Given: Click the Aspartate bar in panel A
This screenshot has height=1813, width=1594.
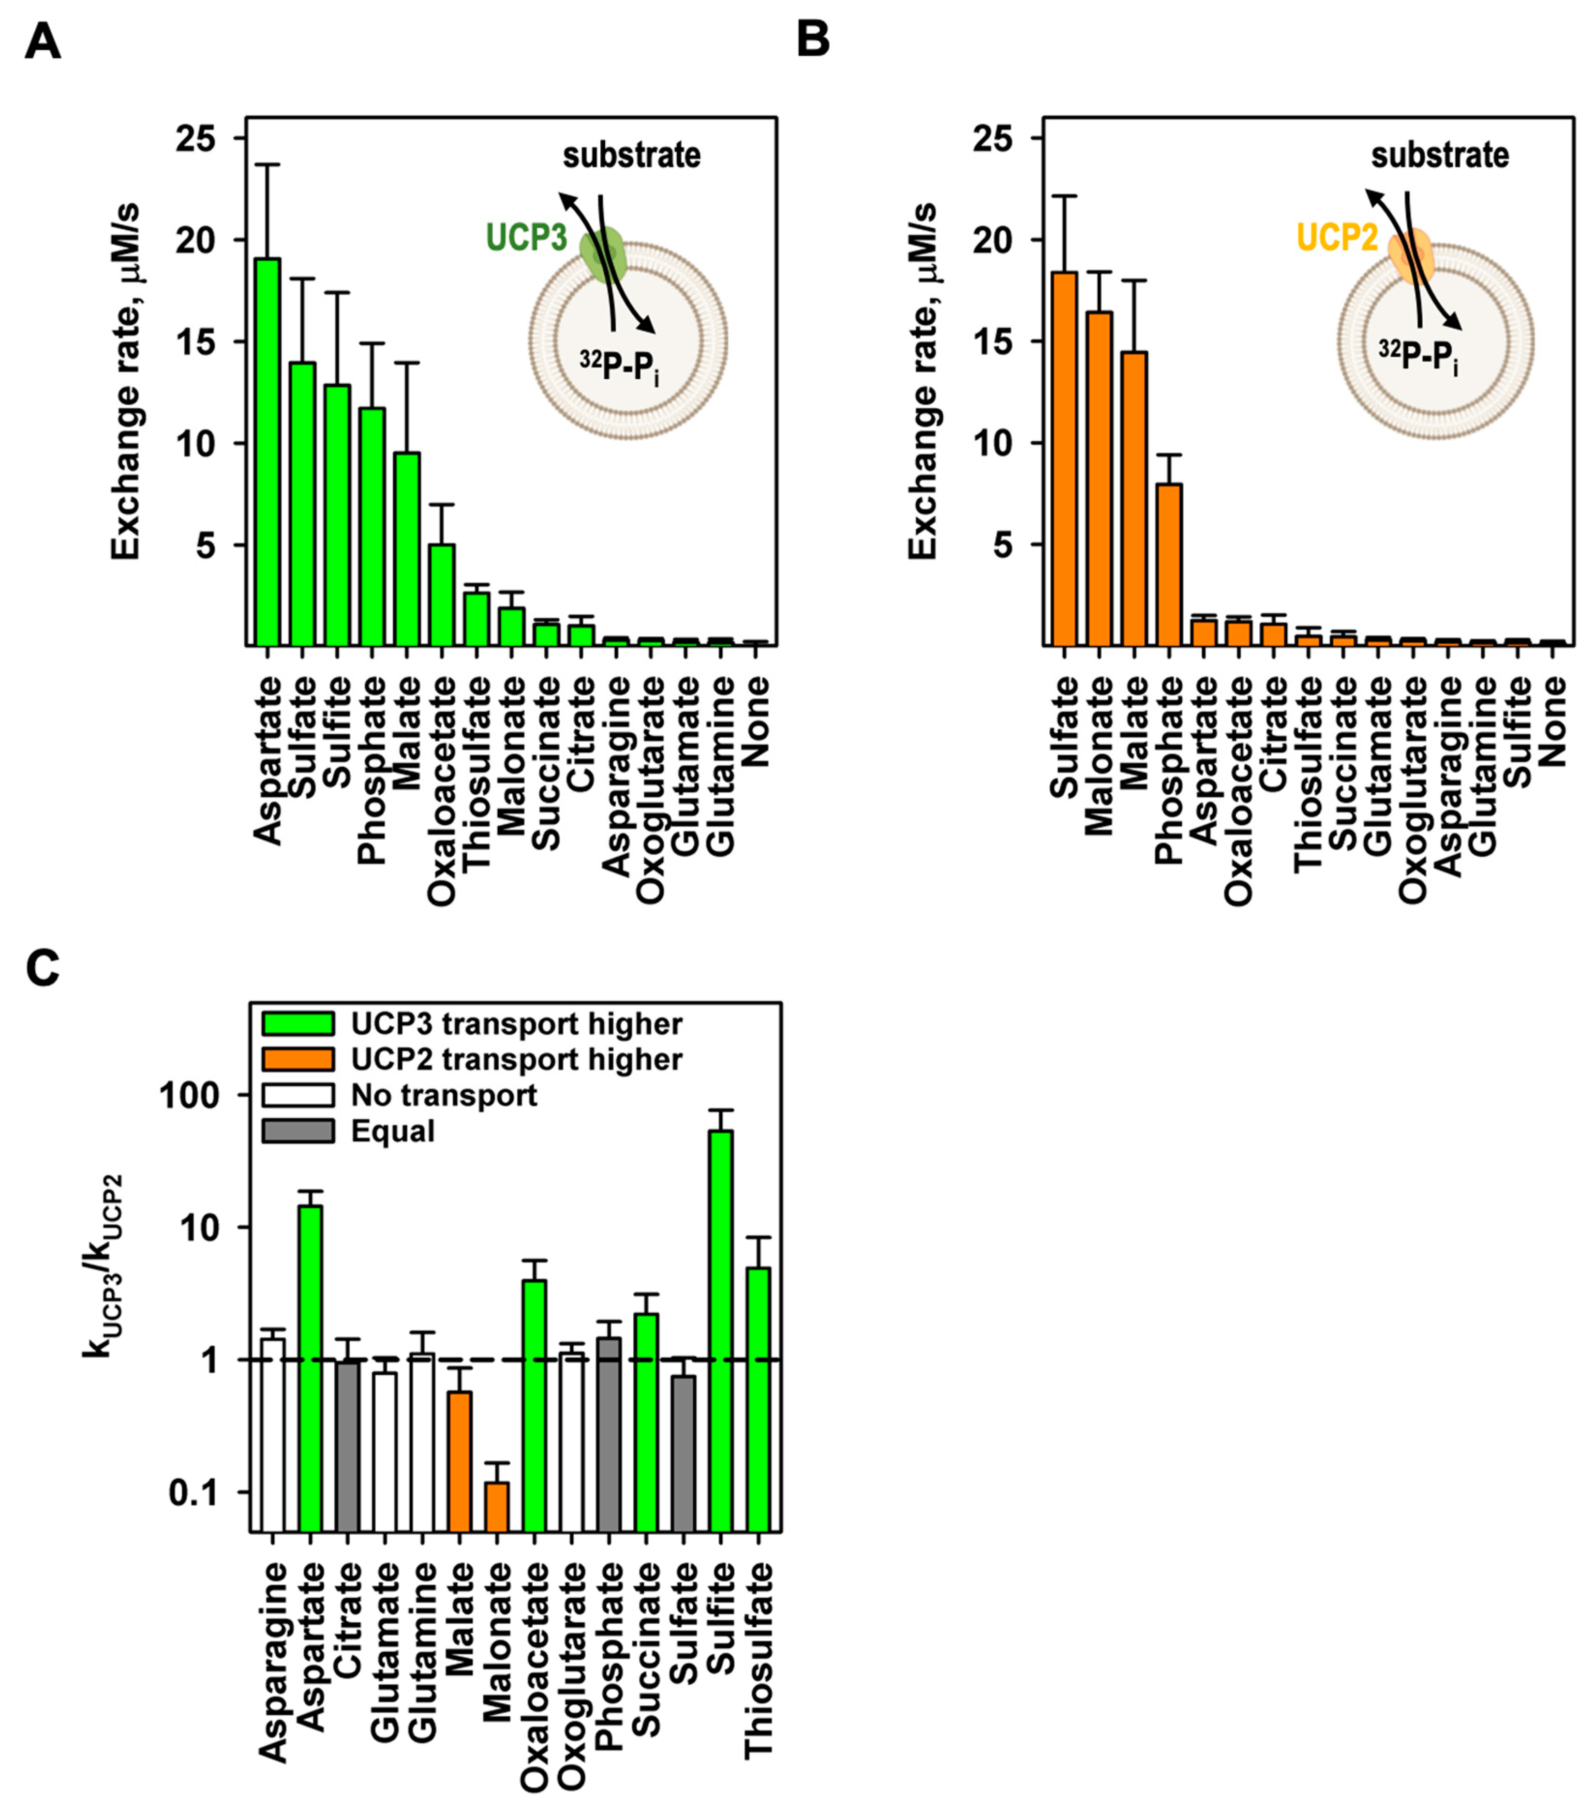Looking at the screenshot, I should click(x=267, y=452).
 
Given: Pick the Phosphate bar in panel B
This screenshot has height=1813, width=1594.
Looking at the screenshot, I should click(x=1169, y=565).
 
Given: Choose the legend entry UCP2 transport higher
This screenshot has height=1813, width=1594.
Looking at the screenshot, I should click(x=516, y=1059).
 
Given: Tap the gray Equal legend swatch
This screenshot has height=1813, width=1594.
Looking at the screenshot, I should click(x=298, y=1131).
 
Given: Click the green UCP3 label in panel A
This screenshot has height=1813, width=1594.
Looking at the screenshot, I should click(x=526, y=238).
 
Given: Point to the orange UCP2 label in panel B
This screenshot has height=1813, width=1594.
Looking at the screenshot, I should click(x=1337, y=238).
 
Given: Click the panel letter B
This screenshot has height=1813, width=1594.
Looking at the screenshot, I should click(x=813, y=41).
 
